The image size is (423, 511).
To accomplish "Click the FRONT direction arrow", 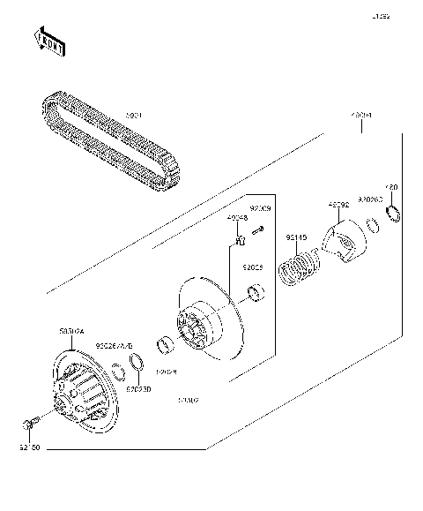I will click(x=49, y=41).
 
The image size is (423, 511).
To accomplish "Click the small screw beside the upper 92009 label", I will click(x=257, y=231).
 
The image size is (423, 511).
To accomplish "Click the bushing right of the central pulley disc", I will click(x=256, y=292).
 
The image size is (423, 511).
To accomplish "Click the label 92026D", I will click(x=137, y=387).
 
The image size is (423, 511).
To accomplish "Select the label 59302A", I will click(x=71, y=332).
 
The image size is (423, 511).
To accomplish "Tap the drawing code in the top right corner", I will click(x=380, y=17).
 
